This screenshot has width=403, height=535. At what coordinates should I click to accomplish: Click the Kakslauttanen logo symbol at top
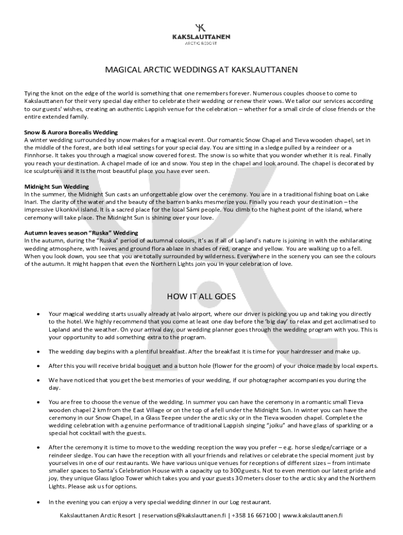[201, 27]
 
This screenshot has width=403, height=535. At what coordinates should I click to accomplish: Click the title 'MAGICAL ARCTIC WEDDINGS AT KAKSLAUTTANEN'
[201, 69]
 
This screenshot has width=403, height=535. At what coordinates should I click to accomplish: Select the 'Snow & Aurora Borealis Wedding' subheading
[71, 132]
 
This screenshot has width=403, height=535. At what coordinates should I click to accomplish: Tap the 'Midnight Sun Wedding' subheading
[57, 187]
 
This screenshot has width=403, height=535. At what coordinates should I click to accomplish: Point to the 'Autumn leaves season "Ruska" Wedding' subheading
[81, 232]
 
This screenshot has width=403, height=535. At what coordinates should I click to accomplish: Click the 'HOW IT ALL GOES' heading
[201, 297]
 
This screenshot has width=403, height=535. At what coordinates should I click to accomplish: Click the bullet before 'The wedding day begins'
[38, 352]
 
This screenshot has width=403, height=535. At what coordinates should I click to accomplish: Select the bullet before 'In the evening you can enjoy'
[38, 502]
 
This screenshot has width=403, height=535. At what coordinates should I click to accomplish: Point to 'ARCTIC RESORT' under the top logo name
[201, 43]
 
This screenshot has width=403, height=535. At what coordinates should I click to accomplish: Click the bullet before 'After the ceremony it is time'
[38, 447]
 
